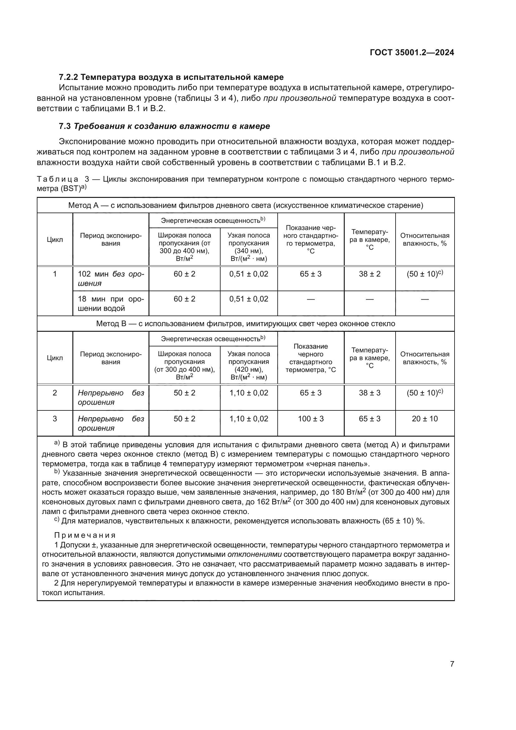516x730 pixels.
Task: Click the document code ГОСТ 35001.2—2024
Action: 412,52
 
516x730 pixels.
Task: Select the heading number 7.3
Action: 65,126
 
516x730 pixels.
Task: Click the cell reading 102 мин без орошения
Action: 110,278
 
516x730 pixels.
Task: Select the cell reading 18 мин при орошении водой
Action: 110,303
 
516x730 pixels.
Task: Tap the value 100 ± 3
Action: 310,419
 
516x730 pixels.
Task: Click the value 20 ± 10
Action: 425,419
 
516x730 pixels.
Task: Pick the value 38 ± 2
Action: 369,274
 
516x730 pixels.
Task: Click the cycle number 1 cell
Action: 55,274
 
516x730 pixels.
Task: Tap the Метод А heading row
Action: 245,205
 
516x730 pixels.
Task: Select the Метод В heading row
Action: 245,324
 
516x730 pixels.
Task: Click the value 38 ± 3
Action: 369,393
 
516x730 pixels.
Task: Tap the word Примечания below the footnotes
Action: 85,535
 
